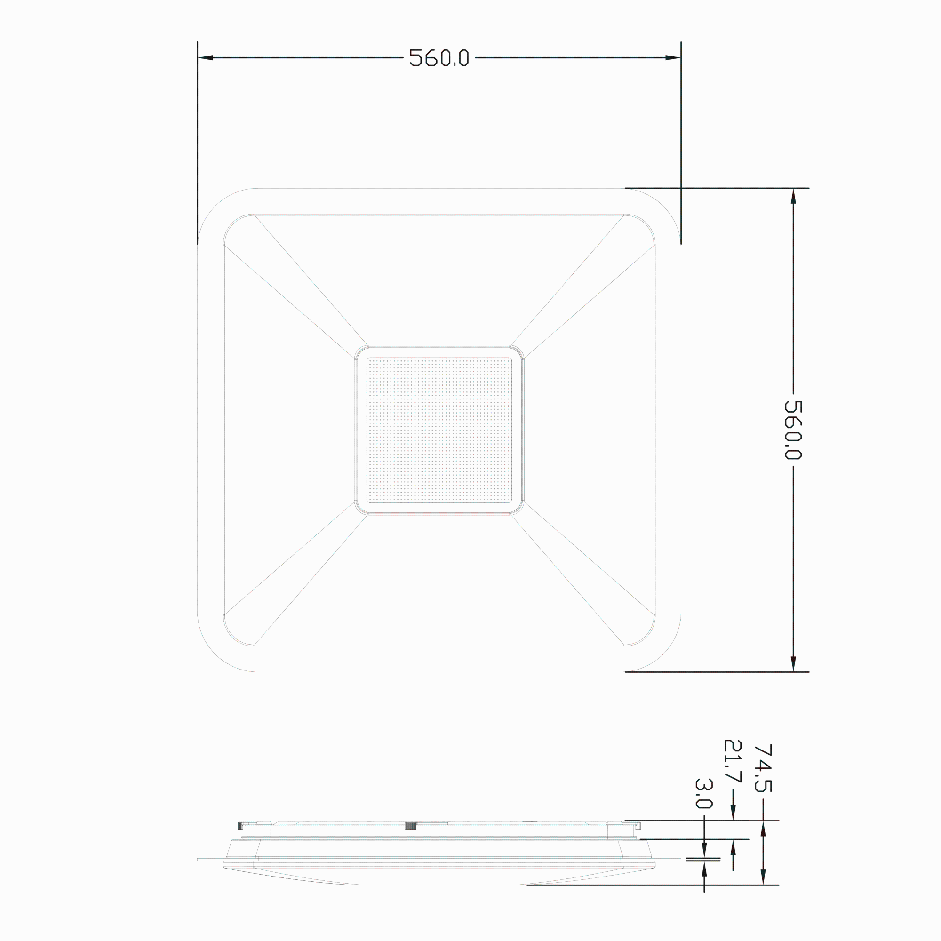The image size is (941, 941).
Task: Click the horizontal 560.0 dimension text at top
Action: (439, 58)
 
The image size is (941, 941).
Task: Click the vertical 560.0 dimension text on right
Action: (793, 430)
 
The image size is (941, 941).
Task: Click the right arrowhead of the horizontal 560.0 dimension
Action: (673, 58)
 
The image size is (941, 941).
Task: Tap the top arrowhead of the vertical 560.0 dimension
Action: (793, 196)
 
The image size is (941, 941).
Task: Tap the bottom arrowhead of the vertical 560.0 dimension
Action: (793, 664)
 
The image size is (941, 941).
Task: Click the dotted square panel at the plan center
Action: (439, 430)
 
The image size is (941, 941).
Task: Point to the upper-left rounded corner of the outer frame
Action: (214, 205)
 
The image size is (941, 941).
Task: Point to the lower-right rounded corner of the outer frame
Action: (663, 654)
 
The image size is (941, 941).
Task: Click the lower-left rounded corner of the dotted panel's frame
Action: (359, 510)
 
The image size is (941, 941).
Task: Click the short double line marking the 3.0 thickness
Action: (703, 860)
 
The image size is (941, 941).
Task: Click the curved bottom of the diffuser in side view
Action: (439, 884)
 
